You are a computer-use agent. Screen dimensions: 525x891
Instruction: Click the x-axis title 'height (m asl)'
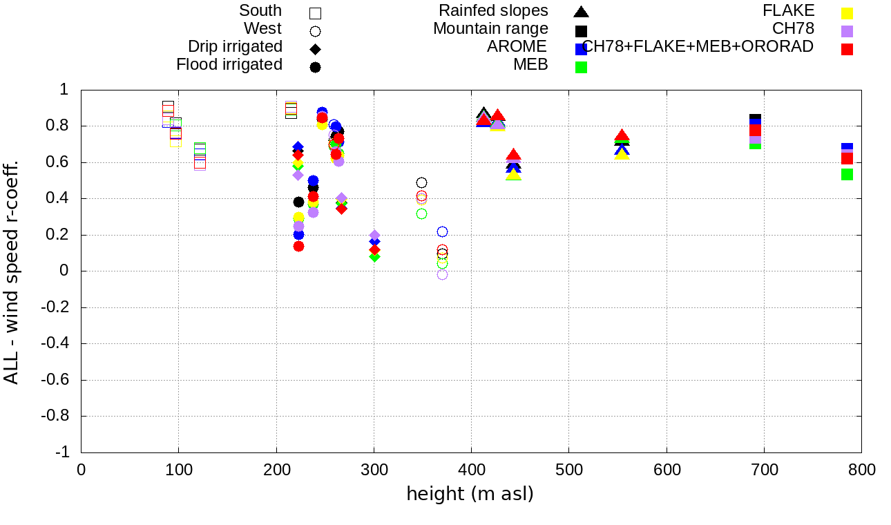[x=470, y=495]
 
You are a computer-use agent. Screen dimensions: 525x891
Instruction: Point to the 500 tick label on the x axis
[x=568, y=470]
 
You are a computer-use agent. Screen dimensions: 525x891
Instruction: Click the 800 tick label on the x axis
[x=861, y=470]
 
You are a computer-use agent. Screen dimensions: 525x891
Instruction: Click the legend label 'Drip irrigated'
[x=235, y=47]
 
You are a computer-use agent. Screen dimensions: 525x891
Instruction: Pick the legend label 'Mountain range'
[x=490, y=29]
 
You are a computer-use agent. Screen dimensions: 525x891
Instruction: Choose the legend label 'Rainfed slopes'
[x=493, y=11]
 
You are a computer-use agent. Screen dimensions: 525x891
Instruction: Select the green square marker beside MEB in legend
[x=582, y=67]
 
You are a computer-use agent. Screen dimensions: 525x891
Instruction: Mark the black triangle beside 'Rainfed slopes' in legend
[x=582, y=12]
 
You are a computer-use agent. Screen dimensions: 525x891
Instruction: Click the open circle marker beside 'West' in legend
[x=316, y=31]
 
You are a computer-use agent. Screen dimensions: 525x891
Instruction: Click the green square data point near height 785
[x=847, y=175]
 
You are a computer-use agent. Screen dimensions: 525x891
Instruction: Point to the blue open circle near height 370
[x=442, y=231]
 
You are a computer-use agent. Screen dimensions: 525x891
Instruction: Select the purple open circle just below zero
[x=442, y=275]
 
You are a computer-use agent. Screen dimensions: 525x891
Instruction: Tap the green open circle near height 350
[x=422, y=214]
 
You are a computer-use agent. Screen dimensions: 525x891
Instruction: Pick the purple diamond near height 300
[x=374, y=236]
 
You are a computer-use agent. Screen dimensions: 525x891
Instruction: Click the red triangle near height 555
[x=622, y=136]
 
